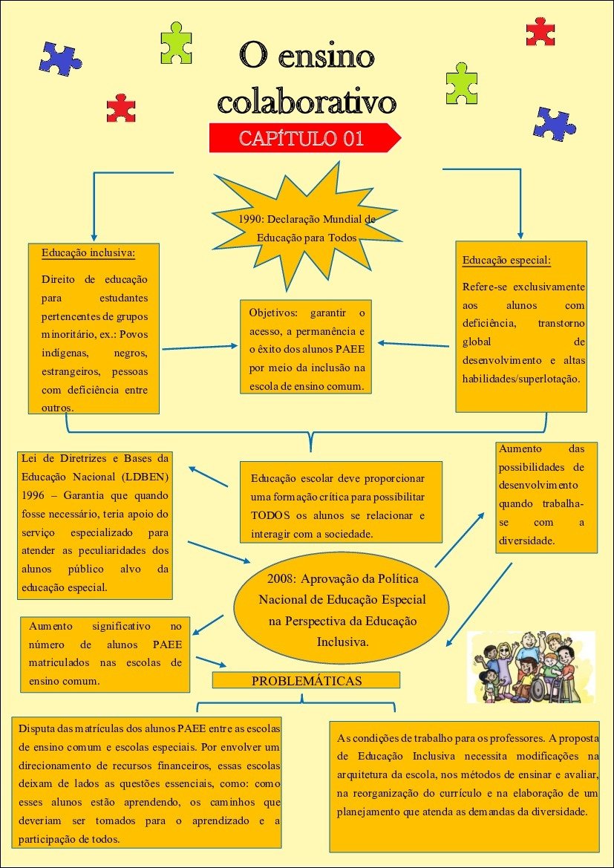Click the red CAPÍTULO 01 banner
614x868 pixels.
pos(304,138)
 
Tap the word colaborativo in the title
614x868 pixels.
pos(307,102)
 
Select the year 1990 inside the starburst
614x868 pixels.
pos(252,221)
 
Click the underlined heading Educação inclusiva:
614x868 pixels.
pos(88,253)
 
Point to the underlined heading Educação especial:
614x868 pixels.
pos(506,261)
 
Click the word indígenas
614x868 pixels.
pos(65,353)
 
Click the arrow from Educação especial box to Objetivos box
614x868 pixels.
pos(414,344)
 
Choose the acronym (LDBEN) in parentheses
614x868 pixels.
pos(145,476)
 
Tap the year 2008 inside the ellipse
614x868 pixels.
pos(283,579)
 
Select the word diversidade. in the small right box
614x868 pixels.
pos(527,541)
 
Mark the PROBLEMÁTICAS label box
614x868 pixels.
pos(306,680)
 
